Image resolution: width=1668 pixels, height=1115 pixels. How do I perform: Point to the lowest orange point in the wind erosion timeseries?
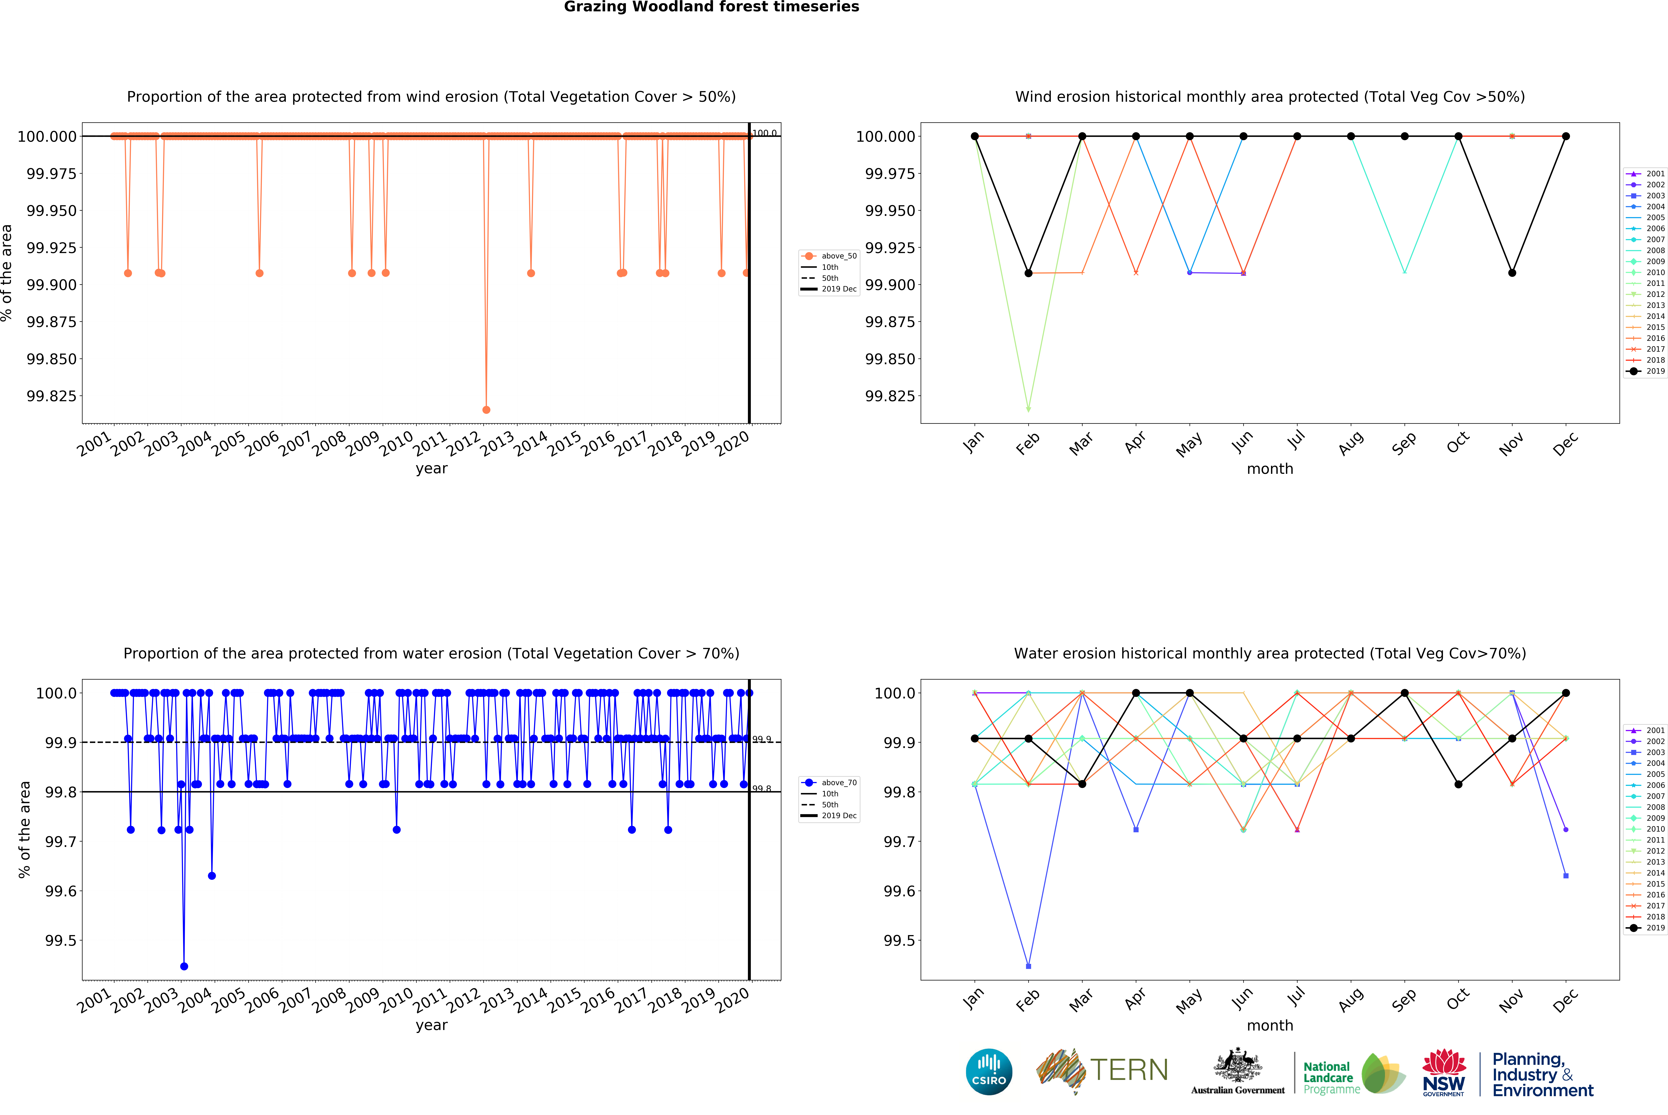tap(486, 410)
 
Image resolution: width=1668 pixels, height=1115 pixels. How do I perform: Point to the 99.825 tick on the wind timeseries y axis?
tap(51, 396)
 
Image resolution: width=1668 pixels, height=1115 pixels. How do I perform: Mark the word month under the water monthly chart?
tap(1270, 1025)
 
